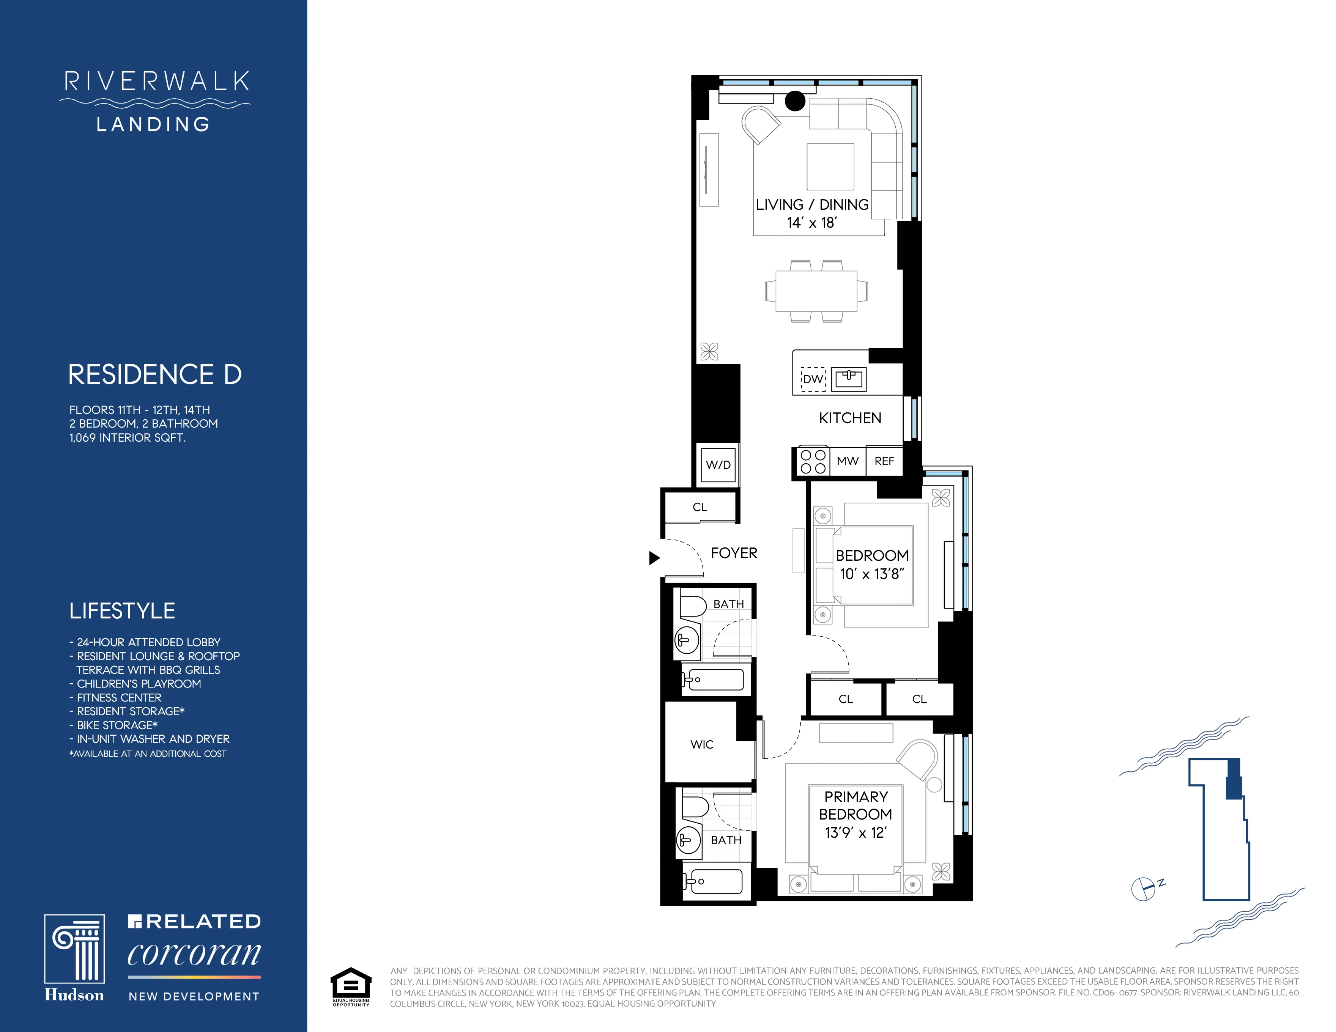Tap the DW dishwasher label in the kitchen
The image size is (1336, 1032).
[813, 379]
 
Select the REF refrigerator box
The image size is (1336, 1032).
[884, 461]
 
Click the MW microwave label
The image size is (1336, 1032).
[847, 461]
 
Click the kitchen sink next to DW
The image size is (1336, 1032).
[848, 378]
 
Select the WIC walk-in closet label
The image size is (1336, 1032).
[702, 744]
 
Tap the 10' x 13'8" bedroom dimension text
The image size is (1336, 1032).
[872, 574]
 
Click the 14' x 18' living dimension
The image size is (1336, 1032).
[812, 223]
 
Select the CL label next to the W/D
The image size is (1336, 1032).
[700, 507]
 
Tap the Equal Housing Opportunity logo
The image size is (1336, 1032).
[351, 986]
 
